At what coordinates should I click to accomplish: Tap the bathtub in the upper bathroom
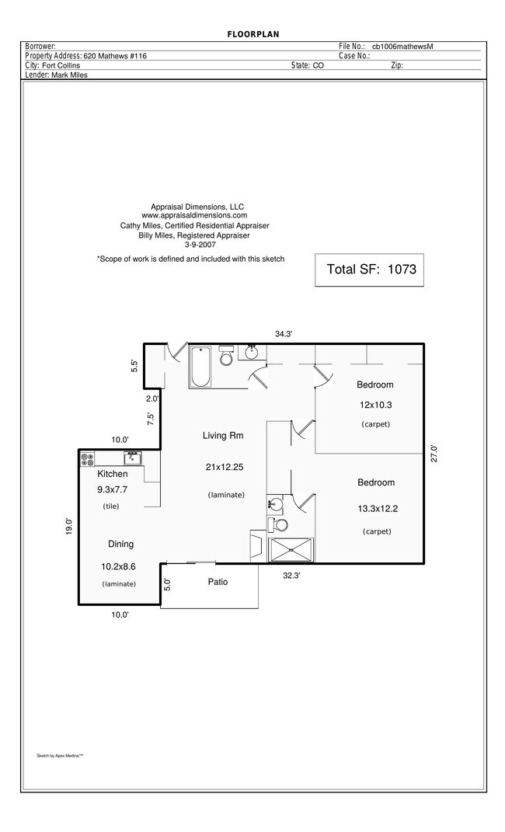(x=201, y=366)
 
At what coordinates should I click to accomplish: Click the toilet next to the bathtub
(x=227, y=356)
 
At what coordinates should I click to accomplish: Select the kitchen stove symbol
(x=87, y=458)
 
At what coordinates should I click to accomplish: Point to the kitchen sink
(x=132, y=458)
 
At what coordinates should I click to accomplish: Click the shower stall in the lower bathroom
(x=291, y=549)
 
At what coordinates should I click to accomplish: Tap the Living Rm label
(x=223, y=436)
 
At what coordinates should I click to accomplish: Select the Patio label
(x=218, y=582)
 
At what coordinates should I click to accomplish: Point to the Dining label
(x=120, y=544)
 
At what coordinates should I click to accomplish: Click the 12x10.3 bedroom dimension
(x=375, y=405)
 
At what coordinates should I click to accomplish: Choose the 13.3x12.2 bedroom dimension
(x=376, y=510)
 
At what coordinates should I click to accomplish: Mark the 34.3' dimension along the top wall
(x=283, y=334)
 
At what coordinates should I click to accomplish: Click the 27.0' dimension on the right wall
(x=434, y=454)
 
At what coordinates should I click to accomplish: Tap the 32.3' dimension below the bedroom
(x=291, y=576)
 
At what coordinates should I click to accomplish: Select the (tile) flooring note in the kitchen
(x=112, y=507)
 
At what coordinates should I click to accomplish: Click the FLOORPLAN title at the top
(x=252, y=34)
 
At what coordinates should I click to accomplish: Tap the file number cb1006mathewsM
(x=402, y=47)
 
